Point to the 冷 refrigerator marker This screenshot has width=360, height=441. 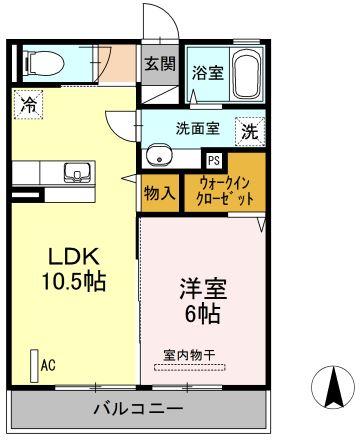pos(30,103)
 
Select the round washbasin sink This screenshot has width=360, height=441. pos(160,156)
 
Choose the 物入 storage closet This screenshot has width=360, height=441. pos(160,192)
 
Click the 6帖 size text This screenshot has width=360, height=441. pos(203,314)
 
